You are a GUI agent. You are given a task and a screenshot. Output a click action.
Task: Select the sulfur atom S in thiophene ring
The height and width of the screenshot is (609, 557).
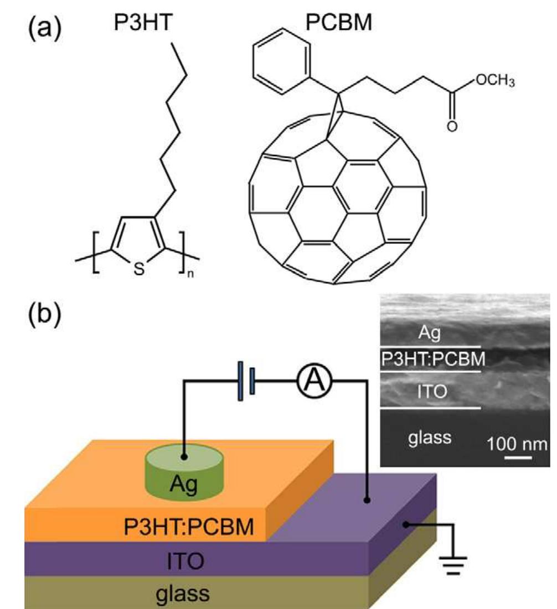tap(140, 269)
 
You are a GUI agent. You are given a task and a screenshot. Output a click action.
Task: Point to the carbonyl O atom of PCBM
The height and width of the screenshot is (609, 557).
tap(452, 128)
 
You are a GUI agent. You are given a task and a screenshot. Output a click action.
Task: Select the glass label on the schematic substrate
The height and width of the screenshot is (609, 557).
tap(182, 594)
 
